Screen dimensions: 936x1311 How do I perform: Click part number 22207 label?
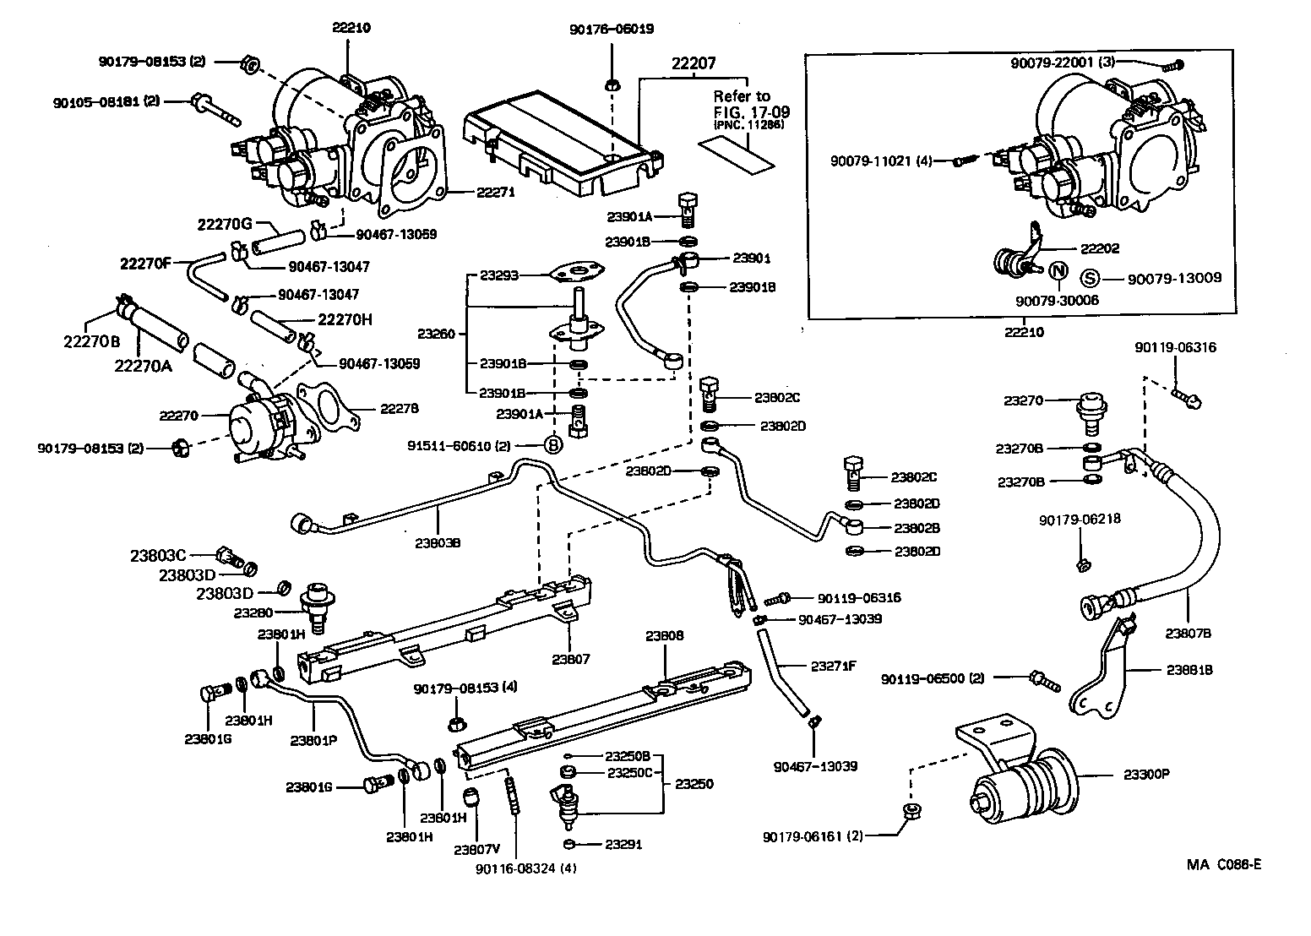694,63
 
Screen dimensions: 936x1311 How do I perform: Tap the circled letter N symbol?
1057,272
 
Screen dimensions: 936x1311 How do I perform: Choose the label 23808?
665,635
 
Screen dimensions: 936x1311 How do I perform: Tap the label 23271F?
833,666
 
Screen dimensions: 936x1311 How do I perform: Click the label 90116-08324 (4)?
527,868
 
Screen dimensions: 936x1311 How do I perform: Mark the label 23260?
436,334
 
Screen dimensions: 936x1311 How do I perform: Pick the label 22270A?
143,364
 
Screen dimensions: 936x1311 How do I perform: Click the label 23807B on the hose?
1189,632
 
